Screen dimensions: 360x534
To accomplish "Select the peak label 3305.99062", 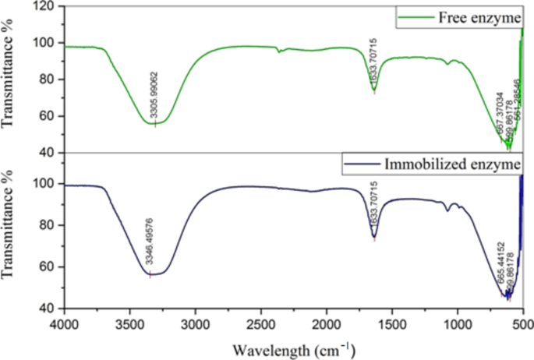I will pyautogui.click(x=155, y=94).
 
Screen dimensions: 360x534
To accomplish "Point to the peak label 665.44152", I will pyautogui.click(x=500, y=265).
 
